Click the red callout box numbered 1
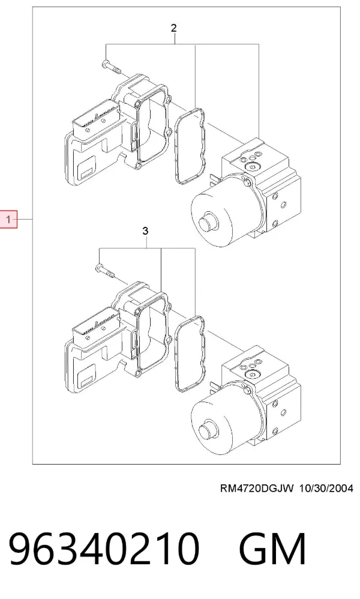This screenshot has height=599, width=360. pyautogui.click(x=9, y=219)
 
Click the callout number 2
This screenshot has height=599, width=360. pyautogui.click(x=174, y=28)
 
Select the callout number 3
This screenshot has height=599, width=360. pyautogui.click(x=145, y=231)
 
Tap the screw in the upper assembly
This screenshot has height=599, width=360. pyautogui.click(x=111, y=68)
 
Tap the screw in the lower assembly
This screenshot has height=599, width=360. pyautogui.click(x=105, y=271)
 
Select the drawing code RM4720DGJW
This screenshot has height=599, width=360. pyautogui.click(x=257, y=488)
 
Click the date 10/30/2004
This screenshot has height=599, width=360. pyautogui.click(x=326, y=488)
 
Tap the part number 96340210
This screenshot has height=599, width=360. pyautogui.click(x=104, y=549)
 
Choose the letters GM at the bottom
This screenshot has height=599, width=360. pyautogui.click(x=272, y=549)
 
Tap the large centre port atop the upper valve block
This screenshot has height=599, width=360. pyautogui.click(x=251, y=167)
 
